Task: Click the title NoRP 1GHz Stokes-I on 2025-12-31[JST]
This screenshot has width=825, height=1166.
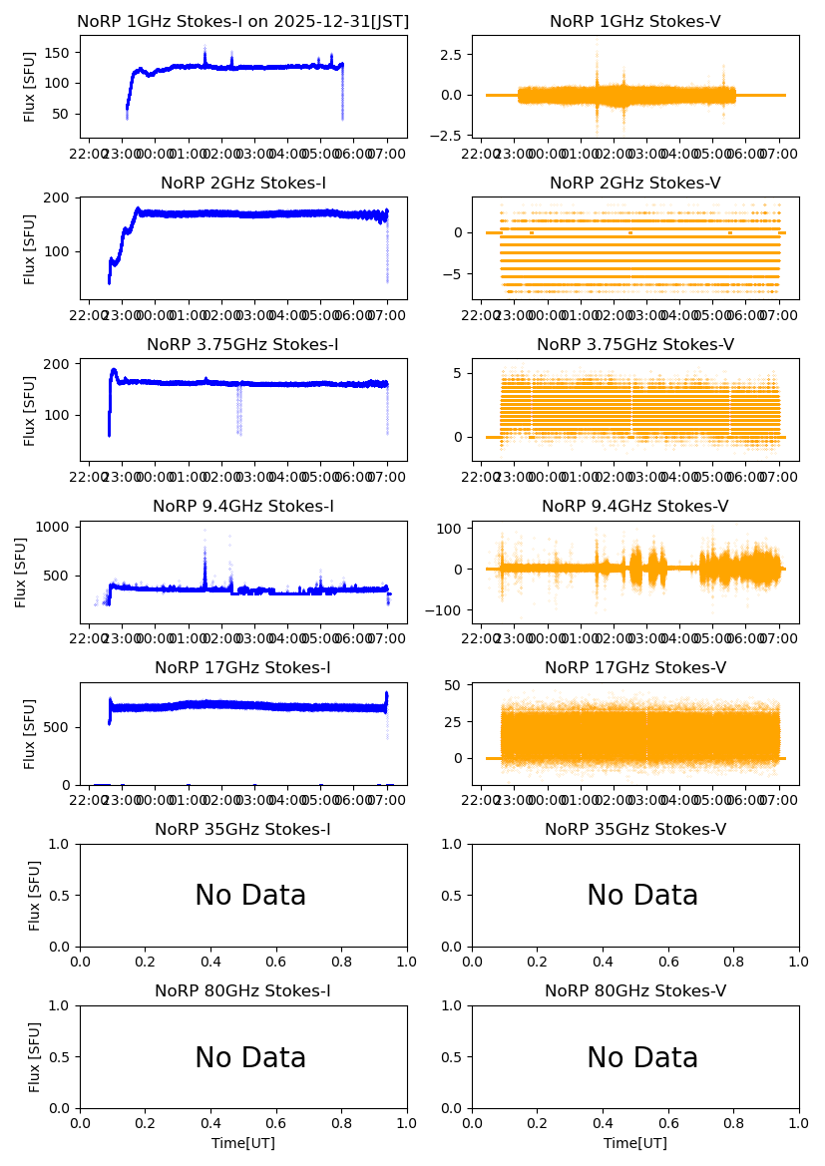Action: click(242, 21)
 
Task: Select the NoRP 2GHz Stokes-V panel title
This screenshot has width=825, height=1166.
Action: click(634, 183)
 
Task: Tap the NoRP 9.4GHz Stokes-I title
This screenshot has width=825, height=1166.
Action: click(242, 506)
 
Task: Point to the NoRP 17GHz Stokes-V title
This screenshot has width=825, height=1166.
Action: click(634, 667)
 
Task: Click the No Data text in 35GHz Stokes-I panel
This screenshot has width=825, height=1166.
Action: click(250, 896)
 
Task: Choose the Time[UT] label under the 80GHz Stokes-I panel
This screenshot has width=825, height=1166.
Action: click(242, 1143)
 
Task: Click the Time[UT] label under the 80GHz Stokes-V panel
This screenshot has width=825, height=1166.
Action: click(634, 1143)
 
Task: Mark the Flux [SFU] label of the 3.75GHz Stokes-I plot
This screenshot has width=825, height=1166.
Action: click(30, 409)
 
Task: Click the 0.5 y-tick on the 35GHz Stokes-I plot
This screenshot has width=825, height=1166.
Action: click(60, 895)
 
